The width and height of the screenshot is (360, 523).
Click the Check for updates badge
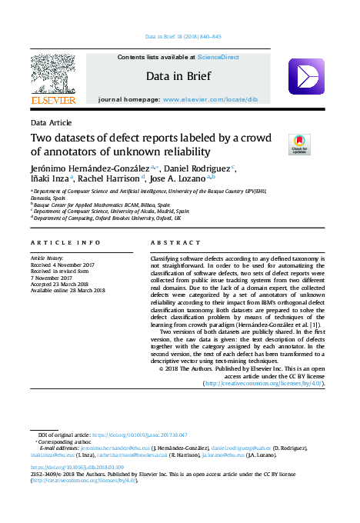point(298,144)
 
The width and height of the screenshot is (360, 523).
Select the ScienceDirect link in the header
point(218,58)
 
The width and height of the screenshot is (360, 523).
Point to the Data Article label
point(51,122)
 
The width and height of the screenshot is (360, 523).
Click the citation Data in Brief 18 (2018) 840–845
point(183,36)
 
